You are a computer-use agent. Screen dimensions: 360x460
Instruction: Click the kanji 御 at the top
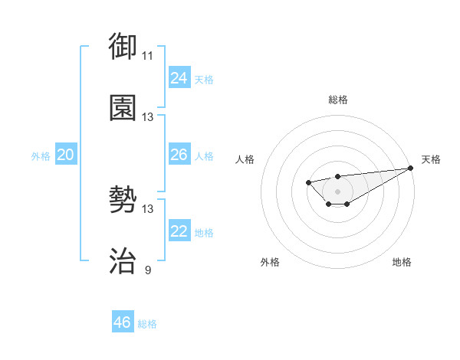click(123, 47)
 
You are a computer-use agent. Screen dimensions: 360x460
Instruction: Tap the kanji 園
click(123, 108)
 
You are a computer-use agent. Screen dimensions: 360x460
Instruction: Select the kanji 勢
click(123, 201)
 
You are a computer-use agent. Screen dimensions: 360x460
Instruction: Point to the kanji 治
click(123, 261)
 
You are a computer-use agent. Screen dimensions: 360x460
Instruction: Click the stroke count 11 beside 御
click(148, 56)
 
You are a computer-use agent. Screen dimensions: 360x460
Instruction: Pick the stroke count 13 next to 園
click(148, 117)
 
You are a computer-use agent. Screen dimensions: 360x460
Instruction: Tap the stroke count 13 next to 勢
click(148, 209)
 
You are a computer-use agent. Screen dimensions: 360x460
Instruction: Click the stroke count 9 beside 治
click(148, 270)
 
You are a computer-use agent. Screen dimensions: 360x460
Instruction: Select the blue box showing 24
click(179, 78)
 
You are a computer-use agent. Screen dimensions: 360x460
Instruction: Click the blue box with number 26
click(179, 155)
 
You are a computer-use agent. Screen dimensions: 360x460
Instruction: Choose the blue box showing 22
click(179, 231)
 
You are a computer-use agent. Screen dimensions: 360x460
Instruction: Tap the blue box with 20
click(66, 155)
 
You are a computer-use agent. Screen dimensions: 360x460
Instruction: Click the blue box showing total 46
click(123, 322)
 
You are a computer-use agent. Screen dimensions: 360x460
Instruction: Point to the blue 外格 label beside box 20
click(41, 156)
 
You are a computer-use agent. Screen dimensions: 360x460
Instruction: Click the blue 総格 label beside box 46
click(147, 324)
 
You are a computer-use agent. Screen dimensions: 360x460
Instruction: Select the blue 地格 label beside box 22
click(204, 233)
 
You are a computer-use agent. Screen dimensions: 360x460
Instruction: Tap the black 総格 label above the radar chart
click(338, 100)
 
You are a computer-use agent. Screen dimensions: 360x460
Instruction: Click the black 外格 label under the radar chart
click(271, 262)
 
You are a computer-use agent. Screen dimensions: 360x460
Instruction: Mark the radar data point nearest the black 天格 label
click(411, 169)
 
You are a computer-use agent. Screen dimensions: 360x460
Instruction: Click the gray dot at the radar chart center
click(338, 191)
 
